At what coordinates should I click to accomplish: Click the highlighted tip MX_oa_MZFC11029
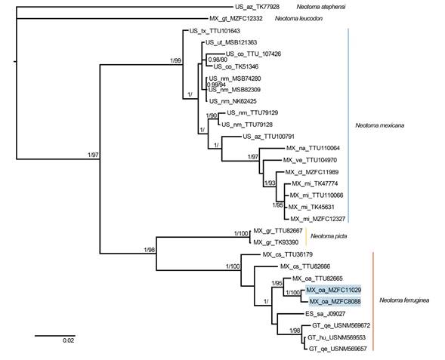[x=333, y=290]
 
